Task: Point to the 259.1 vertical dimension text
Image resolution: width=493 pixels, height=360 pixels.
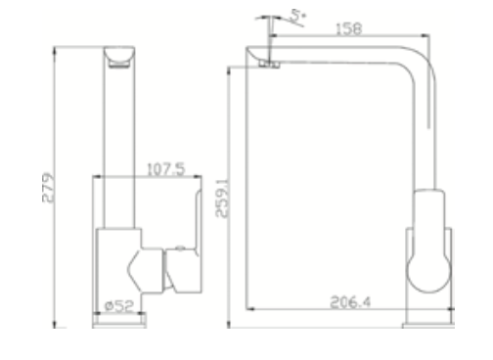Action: [x=221, y=196]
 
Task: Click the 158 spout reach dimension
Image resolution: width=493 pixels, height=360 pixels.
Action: [x=347, y=28]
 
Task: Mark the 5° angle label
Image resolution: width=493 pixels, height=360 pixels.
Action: [x=296, y=17]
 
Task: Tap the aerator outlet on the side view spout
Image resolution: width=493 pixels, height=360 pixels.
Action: [x=269, y=66]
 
